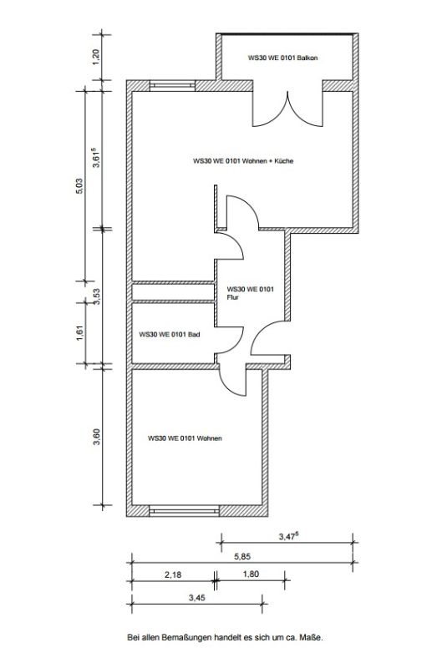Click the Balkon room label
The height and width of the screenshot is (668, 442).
coord(282,58)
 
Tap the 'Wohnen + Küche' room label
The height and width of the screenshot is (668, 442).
coord(243,161)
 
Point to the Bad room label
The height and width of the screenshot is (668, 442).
coord(170,335)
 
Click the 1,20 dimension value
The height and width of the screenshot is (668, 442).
coord(96,57)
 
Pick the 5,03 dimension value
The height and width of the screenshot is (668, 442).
coord(79,186)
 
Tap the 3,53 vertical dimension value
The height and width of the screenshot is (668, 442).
coord(97,296)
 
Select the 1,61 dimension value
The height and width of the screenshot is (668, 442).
coord(80,332)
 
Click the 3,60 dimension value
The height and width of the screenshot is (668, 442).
coord(97,437)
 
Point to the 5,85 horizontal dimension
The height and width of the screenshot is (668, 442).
coord(242,556)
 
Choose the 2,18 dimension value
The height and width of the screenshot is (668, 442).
coord(173,574)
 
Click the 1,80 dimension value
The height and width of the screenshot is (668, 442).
coord(251,574)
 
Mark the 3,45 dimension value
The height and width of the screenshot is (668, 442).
coord(196,598)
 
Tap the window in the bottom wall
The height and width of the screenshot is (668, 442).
coord(184,510)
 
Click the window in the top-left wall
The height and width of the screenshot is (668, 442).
coord(173,86)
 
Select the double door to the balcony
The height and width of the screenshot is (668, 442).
coord(287,109)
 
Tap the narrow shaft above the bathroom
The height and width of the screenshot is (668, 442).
coord(173,292)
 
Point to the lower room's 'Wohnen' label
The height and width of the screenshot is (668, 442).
coord(185,438)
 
